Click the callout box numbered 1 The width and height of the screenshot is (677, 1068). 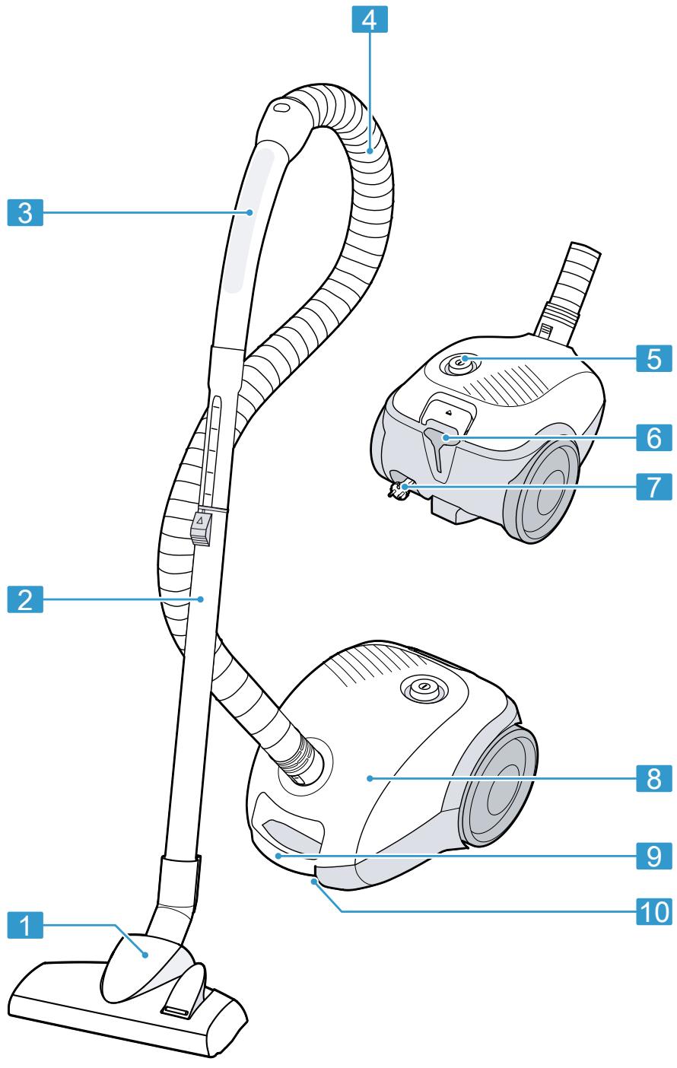25,927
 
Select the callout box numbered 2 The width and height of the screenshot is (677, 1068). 25,578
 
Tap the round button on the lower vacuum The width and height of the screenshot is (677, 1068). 424,688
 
